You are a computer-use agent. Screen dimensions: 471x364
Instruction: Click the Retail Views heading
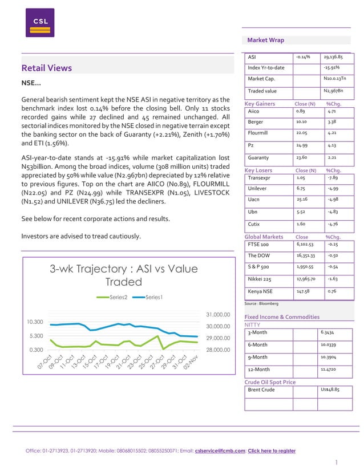46,68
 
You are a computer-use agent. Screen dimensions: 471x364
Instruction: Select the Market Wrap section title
265,40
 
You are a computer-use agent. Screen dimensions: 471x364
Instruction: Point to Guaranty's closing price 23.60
302,157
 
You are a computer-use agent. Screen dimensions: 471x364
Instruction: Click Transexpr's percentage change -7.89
333,178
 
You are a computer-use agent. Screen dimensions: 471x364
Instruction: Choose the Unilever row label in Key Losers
258,188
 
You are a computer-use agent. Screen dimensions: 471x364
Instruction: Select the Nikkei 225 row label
260,279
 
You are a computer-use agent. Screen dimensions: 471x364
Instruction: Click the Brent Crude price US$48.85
330,389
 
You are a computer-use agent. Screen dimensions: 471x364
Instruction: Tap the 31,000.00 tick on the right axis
217,314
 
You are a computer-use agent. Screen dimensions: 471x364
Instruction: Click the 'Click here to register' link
272,450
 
